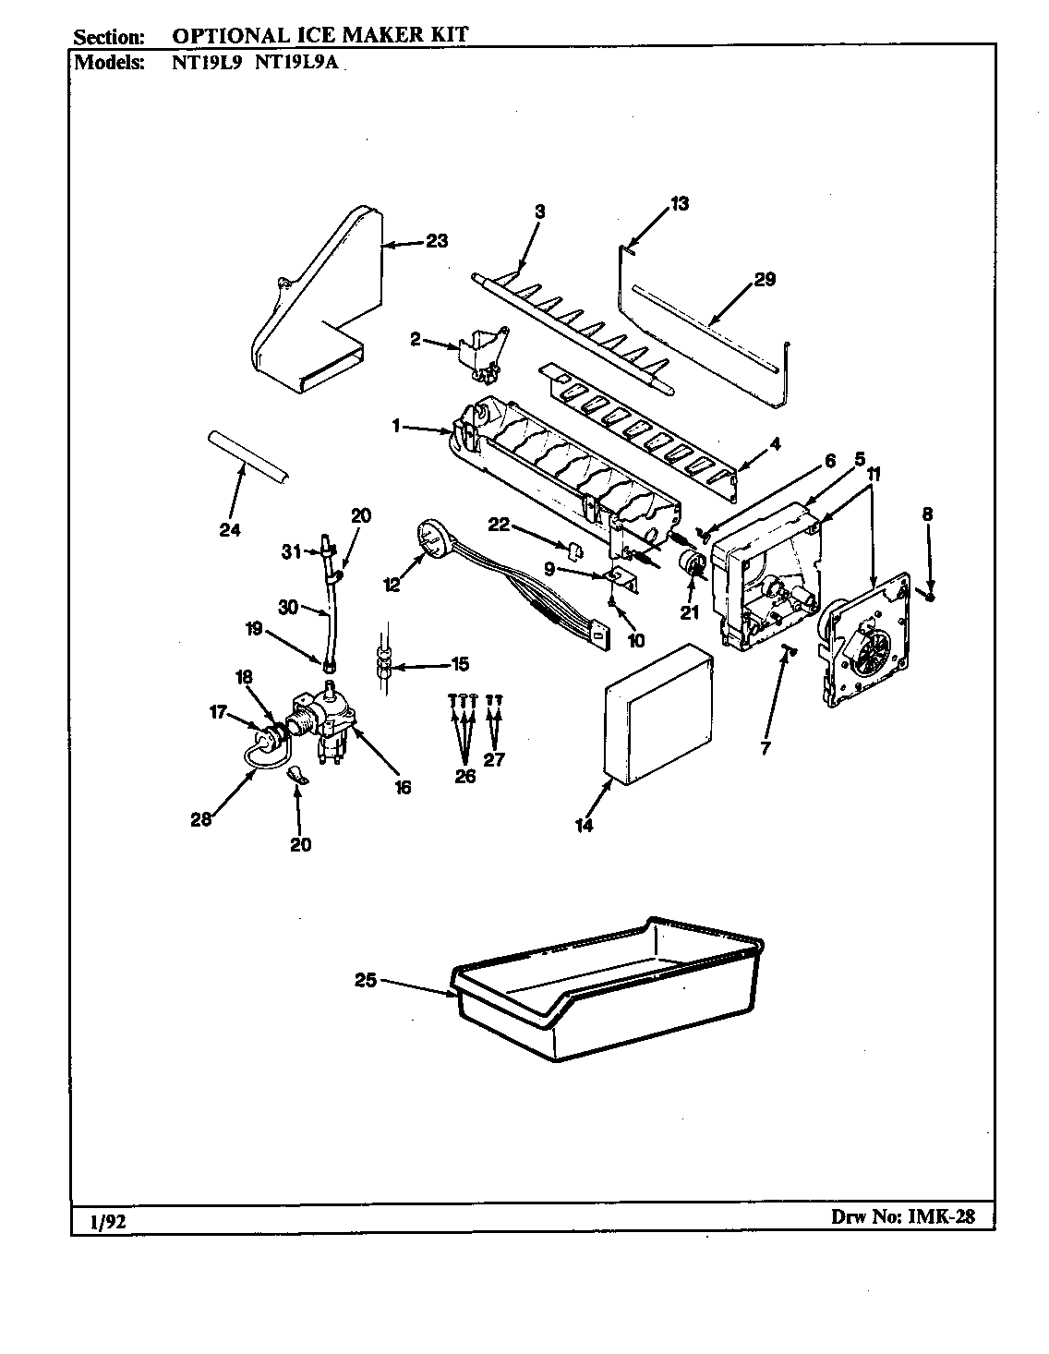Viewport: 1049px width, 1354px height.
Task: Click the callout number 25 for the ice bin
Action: tap(367, 981)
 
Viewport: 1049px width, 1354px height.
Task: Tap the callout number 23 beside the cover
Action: tap(437, 241)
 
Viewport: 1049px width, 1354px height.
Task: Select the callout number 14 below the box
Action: tap(585, 825)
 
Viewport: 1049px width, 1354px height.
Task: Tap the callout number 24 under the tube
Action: tap(230, 529)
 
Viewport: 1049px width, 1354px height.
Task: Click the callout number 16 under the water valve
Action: tap(403, 787)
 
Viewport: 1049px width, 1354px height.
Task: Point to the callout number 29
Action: tap(765, 280)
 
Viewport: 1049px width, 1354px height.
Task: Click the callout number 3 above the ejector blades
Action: tap(539, 212)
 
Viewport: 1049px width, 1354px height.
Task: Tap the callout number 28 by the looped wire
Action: tap(200, 818)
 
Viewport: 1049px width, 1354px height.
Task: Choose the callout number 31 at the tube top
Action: tap(291, 551)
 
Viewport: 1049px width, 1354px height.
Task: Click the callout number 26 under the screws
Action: tap(465, 776)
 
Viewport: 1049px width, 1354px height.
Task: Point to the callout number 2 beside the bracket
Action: tap(415, 340)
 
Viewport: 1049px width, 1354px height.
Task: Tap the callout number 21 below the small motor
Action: tap(689, 611)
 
